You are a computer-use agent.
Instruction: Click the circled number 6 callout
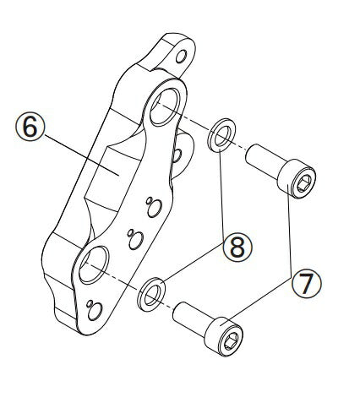tap(30, 127)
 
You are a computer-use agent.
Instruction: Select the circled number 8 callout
tap(237, 248)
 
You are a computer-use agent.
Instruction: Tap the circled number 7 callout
tap(306, 283)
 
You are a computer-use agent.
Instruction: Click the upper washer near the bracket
tap(221, 135)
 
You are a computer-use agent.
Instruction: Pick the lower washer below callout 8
tap(151, 295)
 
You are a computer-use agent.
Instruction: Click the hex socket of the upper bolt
tap(304, 183)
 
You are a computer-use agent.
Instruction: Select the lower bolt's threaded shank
tap(189, 318)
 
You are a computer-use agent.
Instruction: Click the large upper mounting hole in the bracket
tap(166, 107)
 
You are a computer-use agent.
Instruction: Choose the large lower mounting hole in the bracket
tap(94, 264)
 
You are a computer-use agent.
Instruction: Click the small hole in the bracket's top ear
tap(181, 57)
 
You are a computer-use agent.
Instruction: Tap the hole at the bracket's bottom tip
tap(95, 312)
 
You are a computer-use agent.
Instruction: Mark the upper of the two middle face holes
tap(155, 209)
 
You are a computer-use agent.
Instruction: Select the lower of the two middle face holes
tap(136, 240)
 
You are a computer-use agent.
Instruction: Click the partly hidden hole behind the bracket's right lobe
tap(177, 155)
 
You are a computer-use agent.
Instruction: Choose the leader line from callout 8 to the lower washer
tap(194, 261)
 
